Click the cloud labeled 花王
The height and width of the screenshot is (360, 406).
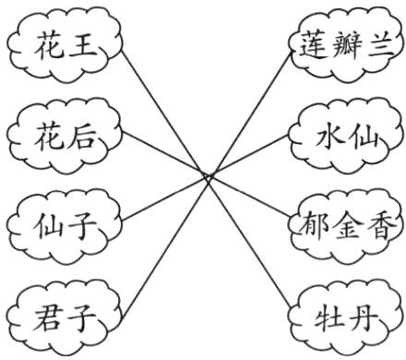point(65,44)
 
